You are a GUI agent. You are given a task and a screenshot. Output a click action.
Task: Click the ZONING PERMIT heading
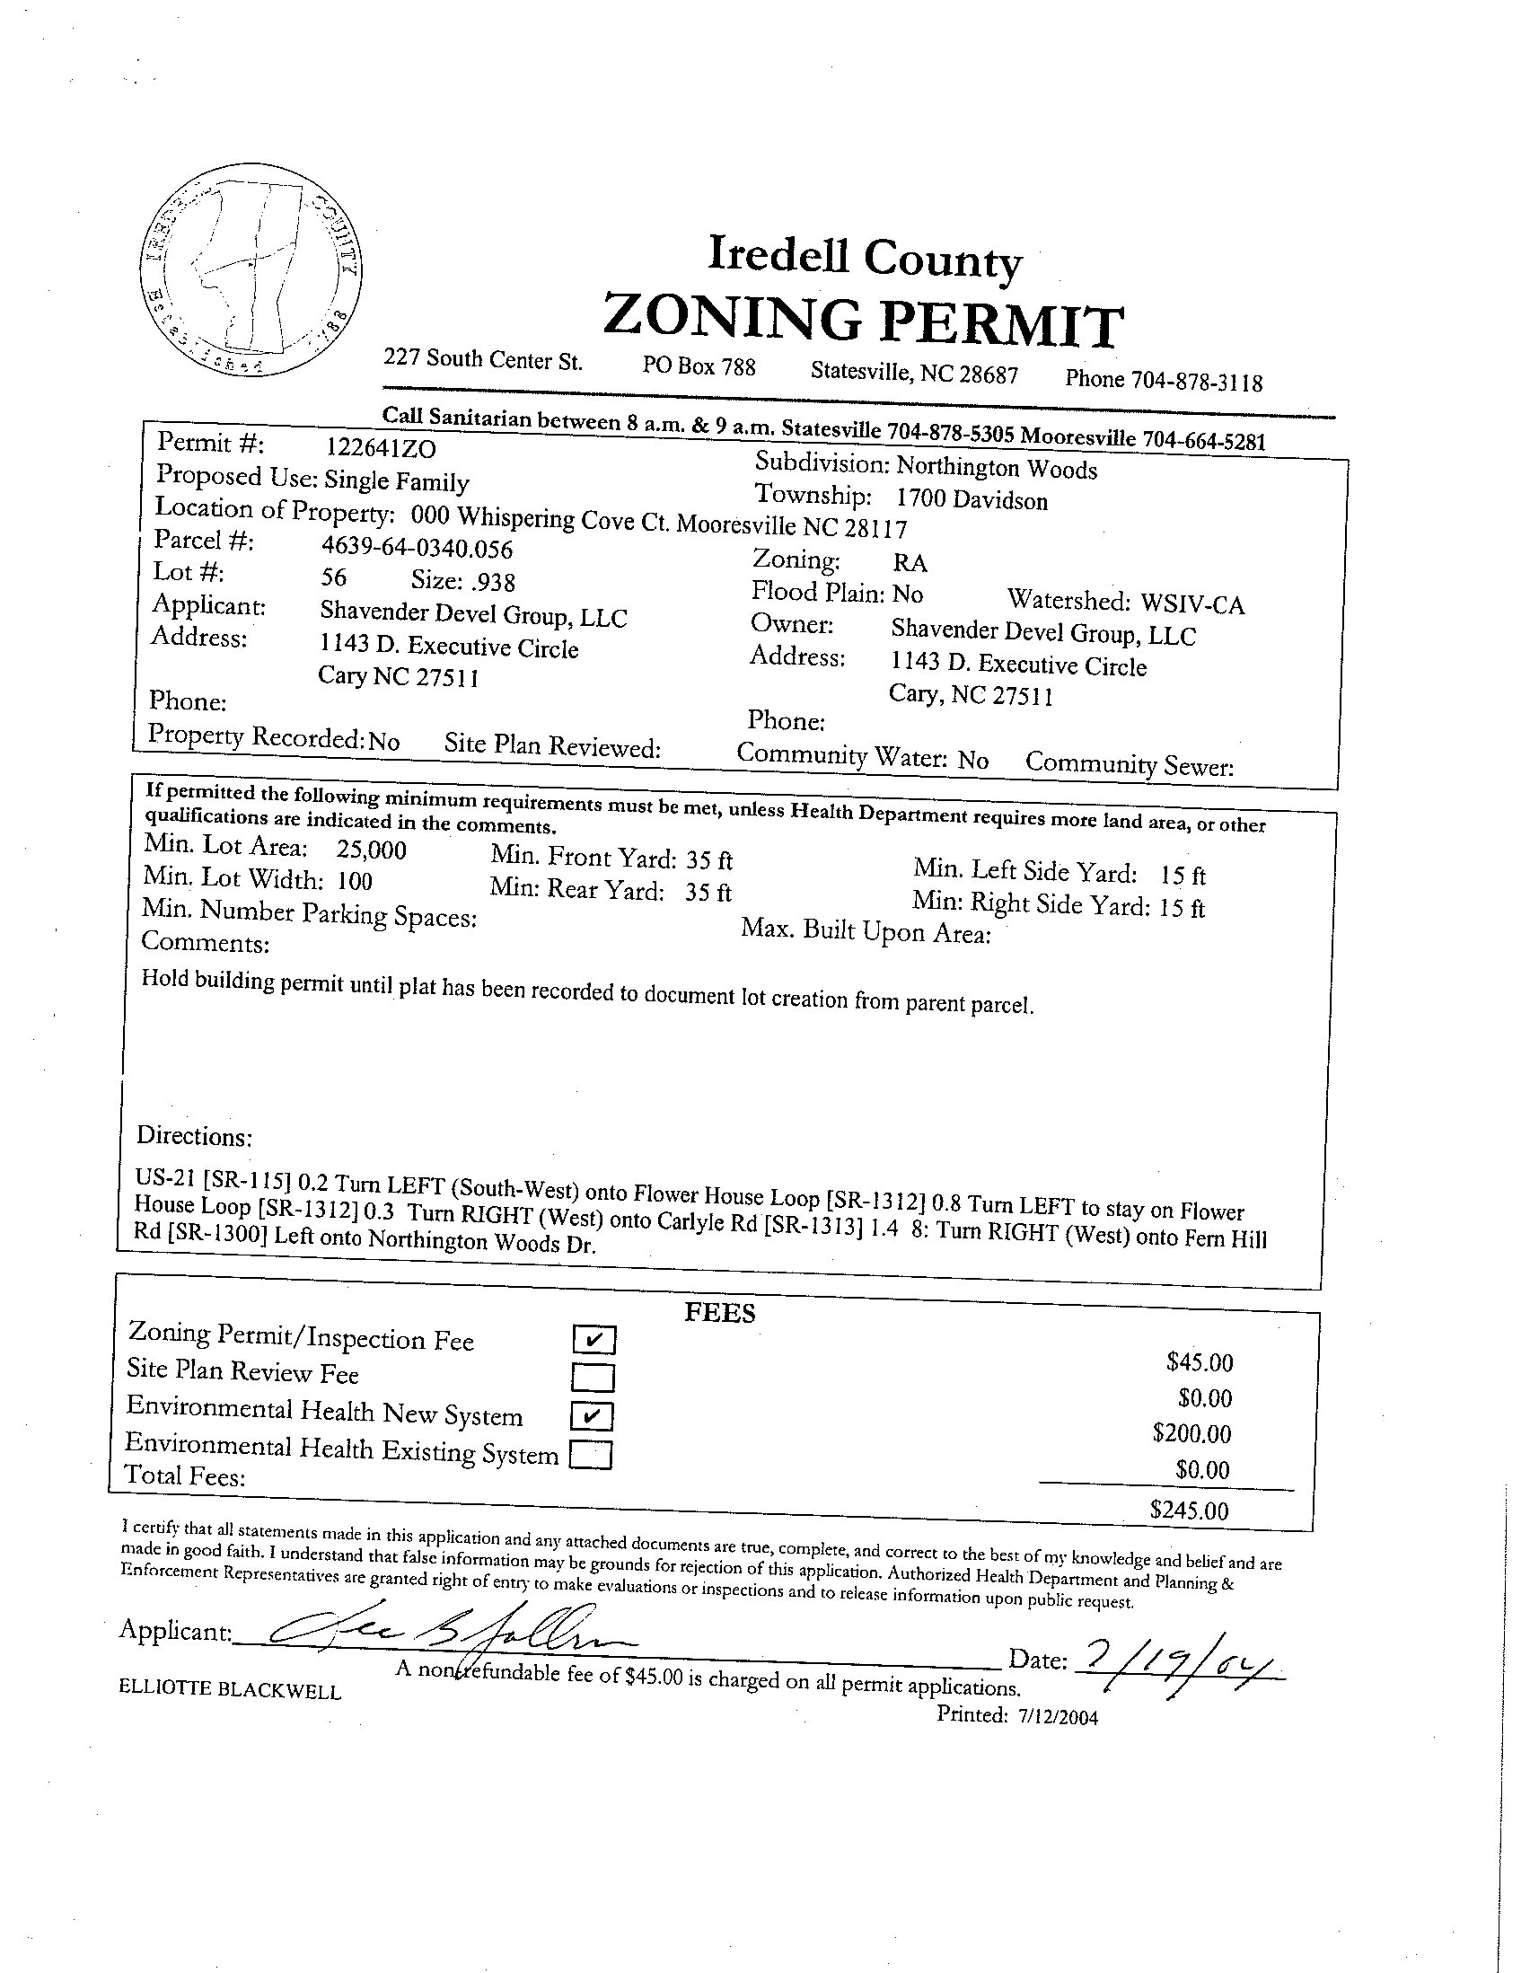point(863,322)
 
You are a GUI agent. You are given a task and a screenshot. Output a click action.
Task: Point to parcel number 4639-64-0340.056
point(418,548)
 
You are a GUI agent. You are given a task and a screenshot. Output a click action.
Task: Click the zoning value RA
point(910,564)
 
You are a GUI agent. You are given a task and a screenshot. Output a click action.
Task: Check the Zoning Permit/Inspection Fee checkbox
point(594,1340)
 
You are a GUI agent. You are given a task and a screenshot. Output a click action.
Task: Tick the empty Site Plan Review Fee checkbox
point(593,1378)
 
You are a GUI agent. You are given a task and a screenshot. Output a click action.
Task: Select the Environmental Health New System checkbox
point(592,1416)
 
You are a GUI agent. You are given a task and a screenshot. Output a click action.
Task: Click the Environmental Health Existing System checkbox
point(591,1456)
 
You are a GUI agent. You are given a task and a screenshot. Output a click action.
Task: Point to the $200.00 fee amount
point(1191,1433)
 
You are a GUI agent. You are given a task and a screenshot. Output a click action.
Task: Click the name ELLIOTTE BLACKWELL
point(231,1690)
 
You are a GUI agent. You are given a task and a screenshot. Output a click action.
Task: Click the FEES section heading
point(719,1313)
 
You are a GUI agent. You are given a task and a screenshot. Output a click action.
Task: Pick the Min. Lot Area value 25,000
point(371,850)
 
